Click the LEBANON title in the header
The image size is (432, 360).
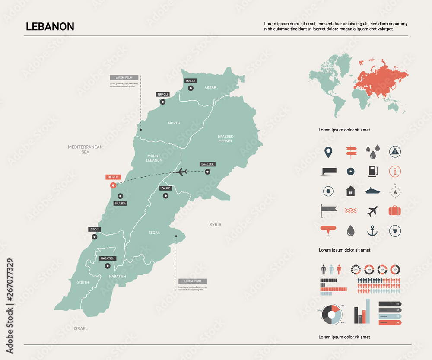[x=50, y=26]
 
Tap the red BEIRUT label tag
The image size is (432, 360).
[x=113, y=177]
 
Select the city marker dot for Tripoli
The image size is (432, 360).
[x=163, y=102]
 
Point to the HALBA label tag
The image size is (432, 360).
[x=191, y=81]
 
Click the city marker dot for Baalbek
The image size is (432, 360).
[x=207, y=172]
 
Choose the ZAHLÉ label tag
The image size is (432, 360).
[x=165, y=188]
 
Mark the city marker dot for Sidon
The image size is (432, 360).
[x=94, y=236]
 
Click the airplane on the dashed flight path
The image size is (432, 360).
[x=182, y=172]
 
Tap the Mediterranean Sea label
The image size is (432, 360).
[x=85, y=150]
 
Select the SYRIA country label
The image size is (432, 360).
[x=215, y=225]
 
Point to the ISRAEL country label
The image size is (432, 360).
[x=80, y=328]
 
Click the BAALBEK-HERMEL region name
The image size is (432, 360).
[x=226, y=138]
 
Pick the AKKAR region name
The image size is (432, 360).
[x=210, y=88]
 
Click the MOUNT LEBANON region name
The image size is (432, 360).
[x=154, y=158]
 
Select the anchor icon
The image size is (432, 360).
[x=372, y=231]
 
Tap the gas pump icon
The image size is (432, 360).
[x=372, y=171]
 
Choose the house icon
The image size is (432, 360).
[x=350, y=191]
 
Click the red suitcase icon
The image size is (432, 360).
[x=394, y=211]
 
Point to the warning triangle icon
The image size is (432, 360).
[x=394, y=151]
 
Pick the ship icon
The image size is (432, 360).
[x=372, y=191]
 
